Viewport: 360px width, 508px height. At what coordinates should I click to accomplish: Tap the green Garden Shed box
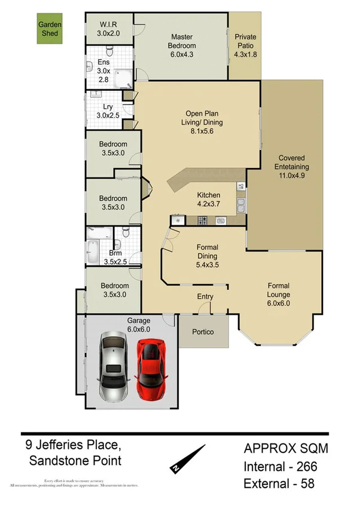click(x=51, y=30)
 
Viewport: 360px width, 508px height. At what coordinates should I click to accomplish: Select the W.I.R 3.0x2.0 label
click(x=109, y=29)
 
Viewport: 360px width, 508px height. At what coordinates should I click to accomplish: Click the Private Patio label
click(x=245, y=45)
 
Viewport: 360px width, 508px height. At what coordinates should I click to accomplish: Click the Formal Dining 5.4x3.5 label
click(x=207, y=256)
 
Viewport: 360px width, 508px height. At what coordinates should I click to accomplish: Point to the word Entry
click(x=205, y=297)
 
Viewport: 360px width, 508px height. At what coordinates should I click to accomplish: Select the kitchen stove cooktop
click(x=202, y=221)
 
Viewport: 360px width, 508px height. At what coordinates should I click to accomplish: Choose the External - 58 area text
click(x=279, y=483)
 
